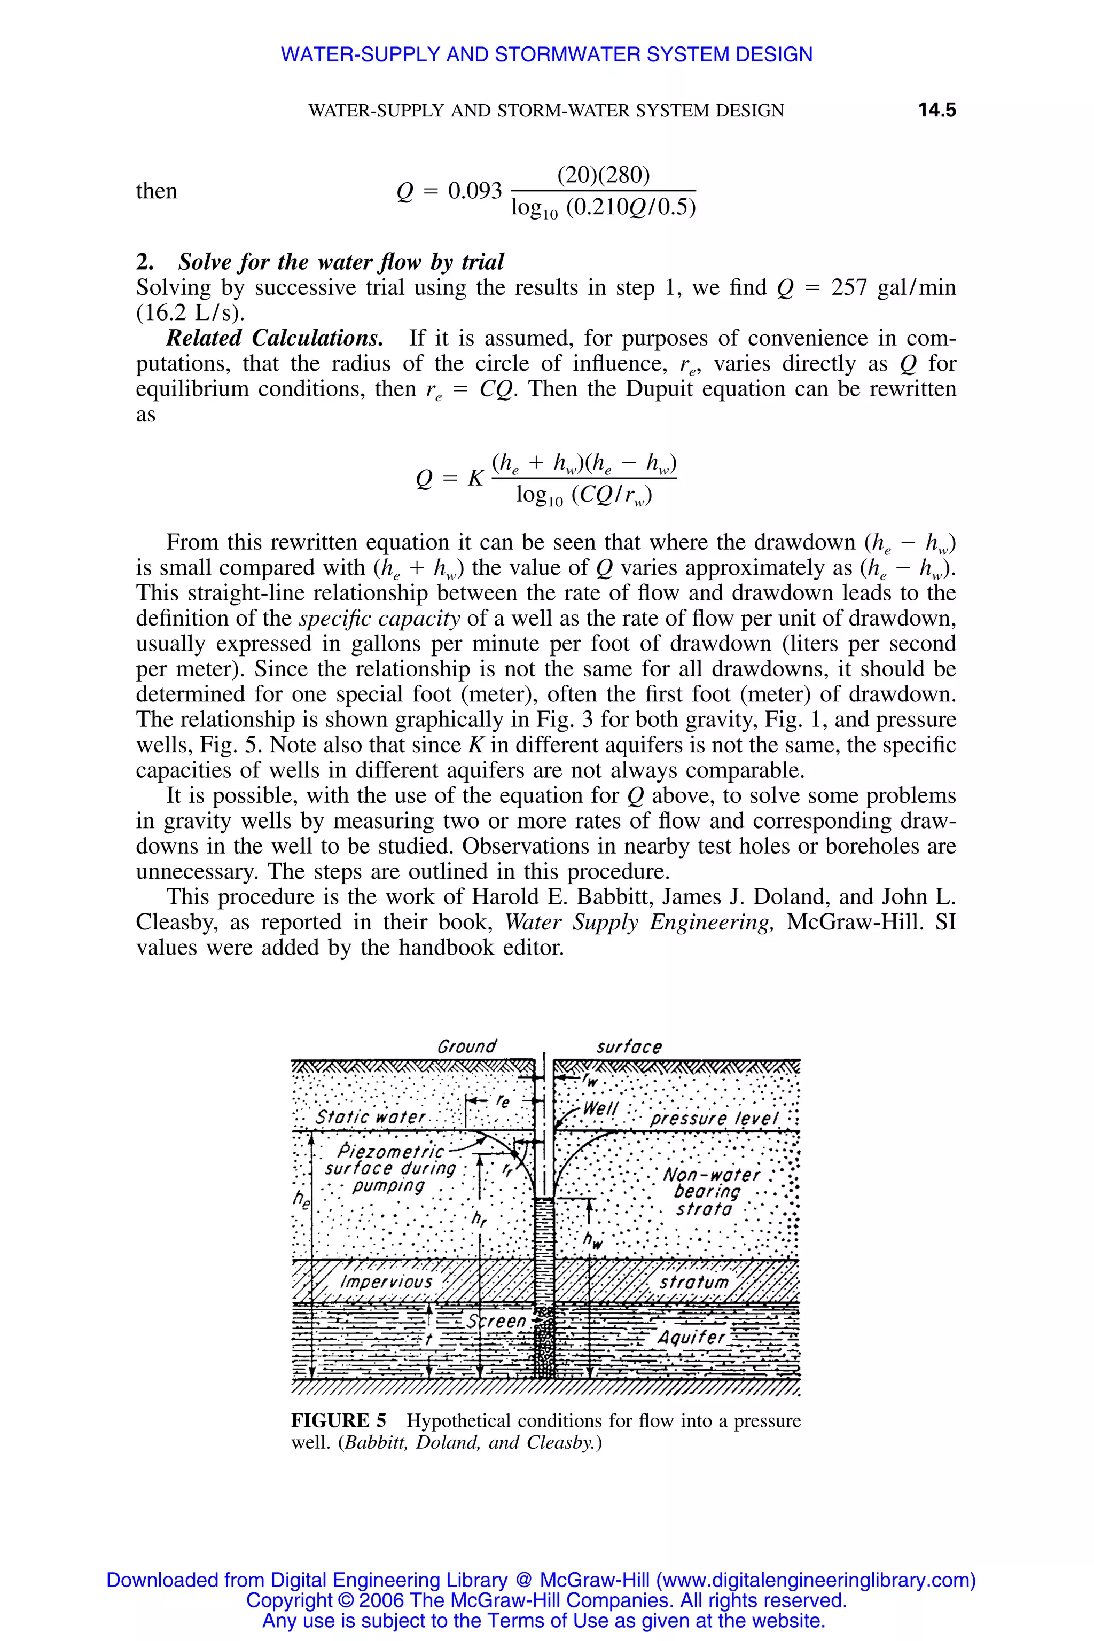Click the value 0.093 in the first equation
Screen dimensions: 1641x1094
pos(474,191)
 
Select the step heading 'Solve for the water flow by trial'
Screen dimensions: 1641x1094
pos(340,262)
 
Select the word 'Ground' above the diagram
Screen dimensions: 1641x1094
pos(466,1046)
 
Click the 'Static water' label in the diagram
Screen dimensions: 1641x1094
pos(370,1117)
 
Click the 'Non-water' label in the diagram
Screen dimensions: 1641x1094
pos(711,1175)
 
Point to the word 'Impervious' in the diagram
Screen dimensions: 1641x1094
pos(387,1283)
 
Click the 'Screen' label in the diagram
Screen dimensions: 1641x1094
pos(497,1322)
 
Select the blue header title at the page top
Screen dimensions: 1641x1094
pos(546,54)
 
